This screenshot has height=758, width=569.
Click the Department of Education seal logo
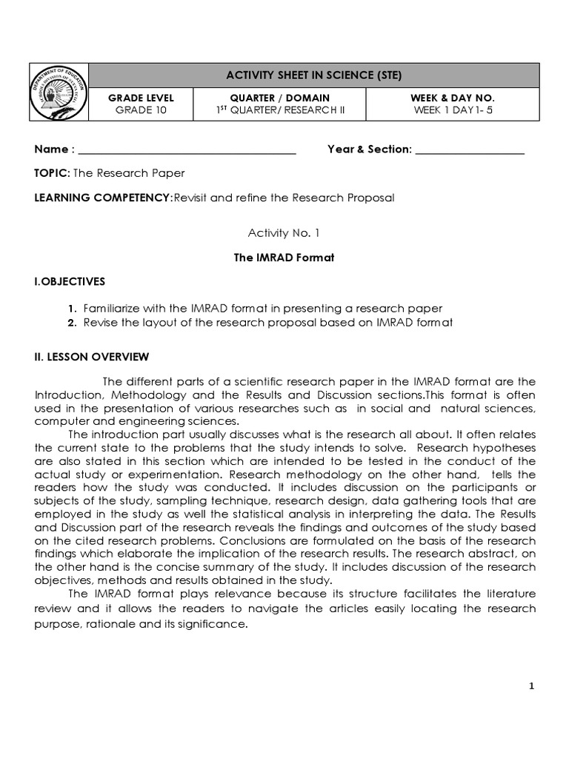[60, 94]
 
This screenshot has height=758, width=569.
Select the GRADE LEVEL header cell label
[141, 98]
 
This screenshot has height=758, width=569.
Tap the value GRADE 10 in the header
[141, 111]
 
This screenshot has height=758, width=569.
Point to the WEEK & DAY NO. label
[452, 98]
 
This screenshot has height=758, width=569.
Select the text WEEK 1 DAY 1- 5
[452, 111]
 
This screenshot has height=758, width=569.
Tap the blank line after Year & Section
[470, 150]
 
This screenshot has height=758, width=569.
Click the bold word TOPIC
[50, 173]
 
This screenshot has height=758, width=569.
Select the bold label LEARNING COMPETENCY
[102, 198]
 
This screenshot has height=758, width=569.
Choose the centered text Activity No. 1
[284, 233]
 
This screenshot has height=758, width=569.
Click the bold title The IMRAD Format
[284, 258]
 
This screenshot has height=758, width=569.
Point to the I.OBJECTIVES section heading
[70, 282]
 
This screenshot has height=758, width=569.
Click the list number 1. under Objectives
[71, 309]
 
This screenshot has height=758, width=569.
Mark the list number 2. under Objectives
[71, 323]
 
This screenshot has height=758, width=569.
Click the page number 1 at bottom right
[531, 687]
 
